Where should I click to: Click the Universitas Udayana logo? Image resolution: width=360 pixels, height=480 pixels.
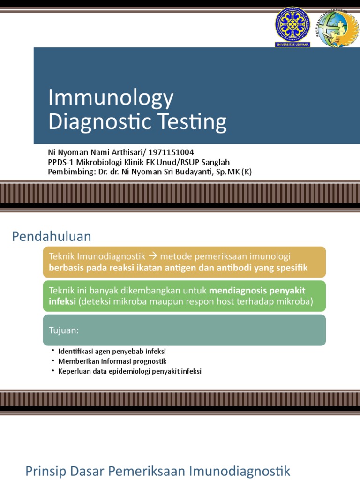(x=292, y=26)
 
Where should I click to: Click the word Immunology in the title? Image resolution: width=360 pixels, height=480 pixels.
(x=111, y=98)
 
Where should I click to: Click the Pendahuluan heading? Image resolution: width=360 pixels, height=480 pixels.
(x=52, y=236)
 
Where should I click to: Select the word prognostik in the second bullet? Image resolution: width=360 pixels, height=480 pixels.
(x=150, y=361)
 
